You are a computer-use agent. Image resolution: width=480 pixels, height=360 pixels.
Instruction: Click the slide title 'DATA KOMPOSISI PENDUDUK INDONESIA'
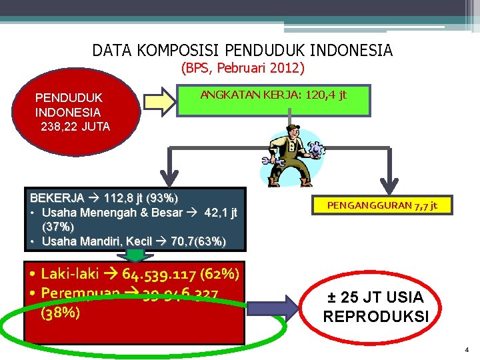coord(243,51)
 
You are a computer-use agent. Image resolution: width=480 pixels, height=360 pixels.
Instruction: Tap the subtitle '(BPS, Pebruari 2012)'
coord(243,68)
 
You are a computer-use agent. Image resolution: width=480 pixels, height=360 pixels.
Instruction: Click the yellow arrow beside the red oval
coord(159,102)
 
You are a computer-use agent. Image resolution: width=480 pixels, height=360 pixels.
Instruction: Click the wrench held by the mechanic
coord(273,161)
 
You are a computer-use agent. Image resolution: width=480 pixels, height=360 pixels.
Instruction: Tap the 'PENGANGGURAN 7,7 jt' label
coord(382,205)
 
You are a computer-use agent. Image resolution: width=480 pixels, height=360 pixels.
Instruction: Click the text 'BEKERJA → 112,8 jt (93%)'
coord(104,199)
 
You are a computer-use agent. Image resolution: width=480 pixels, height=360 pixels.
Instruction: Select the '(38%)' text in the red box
coord(61,311)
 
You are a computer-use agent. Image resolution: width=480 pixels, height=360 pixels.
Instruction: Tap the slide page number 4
coord(467,349)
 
